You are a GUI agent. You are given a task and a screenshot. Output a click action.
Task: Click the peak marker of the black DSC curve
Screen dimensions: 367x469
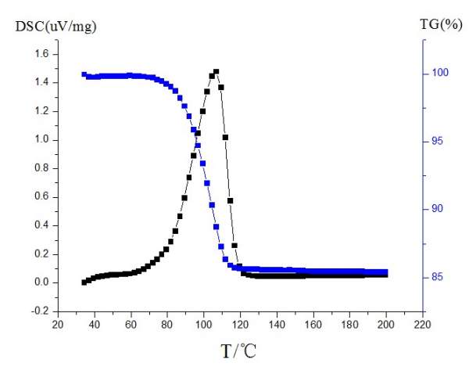(x=216, y=72)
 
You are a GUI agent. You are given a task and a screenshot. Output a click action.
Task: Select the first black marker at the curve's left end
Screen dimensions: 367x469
(x=84, y=282)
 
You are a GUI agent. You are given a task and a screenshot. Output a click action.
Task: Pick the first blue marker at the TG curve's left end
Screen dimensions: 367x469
(x=84, y=74)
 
